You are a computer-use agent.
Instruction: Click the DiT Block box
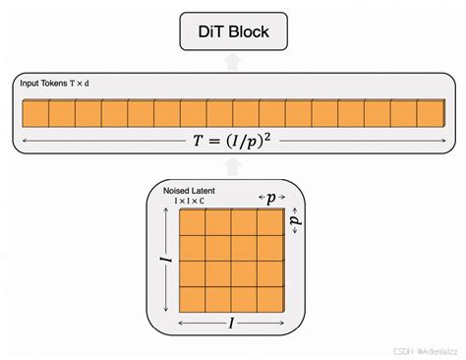(232, 32)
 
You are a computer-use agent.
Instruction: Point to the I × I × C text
(189, 202)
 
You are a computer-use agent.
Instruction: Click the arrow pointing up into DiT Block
(232, 62)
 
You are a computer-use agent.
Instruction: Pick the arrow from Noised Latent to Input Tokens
(232, 167)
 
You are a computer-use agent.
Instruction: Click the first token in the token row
(35, 112)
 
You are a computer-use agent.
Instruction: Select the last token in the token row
(430, 112)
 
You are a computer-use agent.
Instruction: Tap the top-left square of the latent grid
(191, 222)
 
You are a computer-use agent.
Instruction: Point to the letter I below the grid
(232, 323)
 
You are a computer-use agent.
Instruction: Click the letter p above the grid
(270, 197)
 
